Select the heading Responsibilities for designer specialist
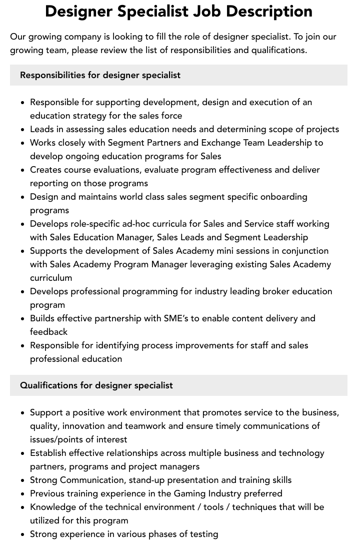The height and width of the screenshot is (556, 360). [x=100, y=75]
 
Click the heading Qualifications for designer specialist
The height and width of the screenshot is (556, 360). [x=96, y=385]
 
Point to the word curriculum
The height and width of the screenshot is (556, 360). [x=51, y=278]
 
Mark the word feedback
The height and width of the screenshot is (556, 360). [x=48, y=332]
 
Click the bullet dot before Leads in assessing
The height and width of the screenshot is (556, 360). [x=22, y=130]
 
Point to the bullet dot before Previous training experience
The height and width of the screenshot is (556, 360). [x=22, y=494]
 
